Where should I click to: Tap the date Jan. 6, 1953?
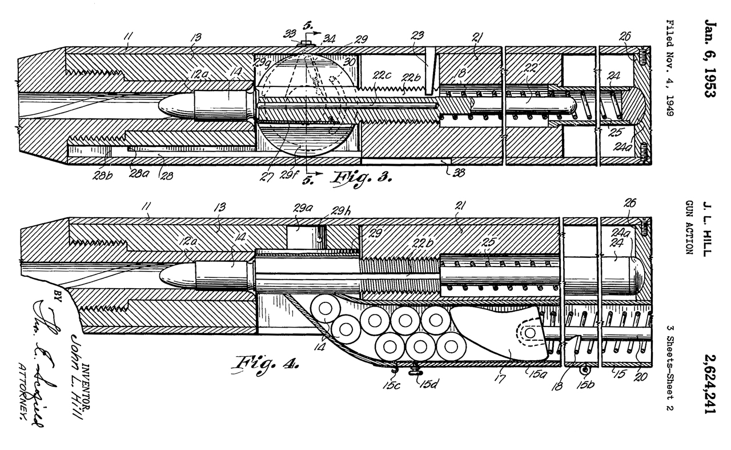point(710,54)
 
